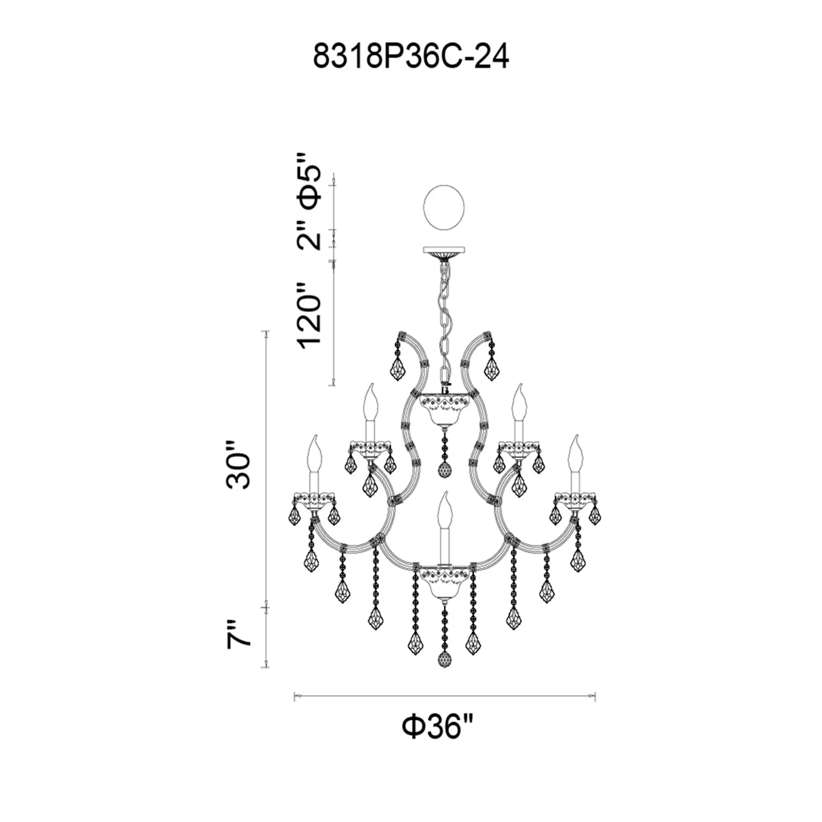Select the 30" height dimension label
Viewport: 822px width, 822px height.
pyautogui.click(x=237, y=466)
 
